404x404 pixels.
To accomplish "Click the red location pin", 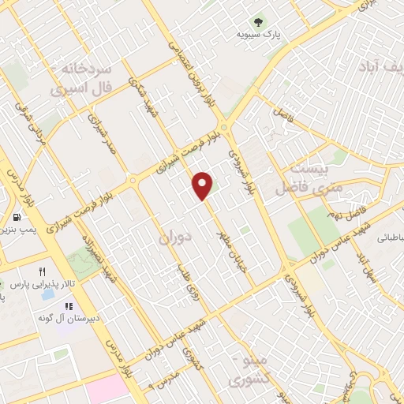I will (204, 185).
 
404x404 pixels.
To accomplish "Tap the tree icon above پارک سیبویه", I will (256, 22).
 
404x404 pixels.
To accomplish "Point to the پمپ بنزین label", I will (17, 230).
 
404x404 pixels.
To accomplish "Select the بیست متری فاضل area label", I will (304, 178).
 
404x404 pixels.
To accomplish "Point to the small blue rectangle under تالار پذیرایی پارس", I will (49, 294).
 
